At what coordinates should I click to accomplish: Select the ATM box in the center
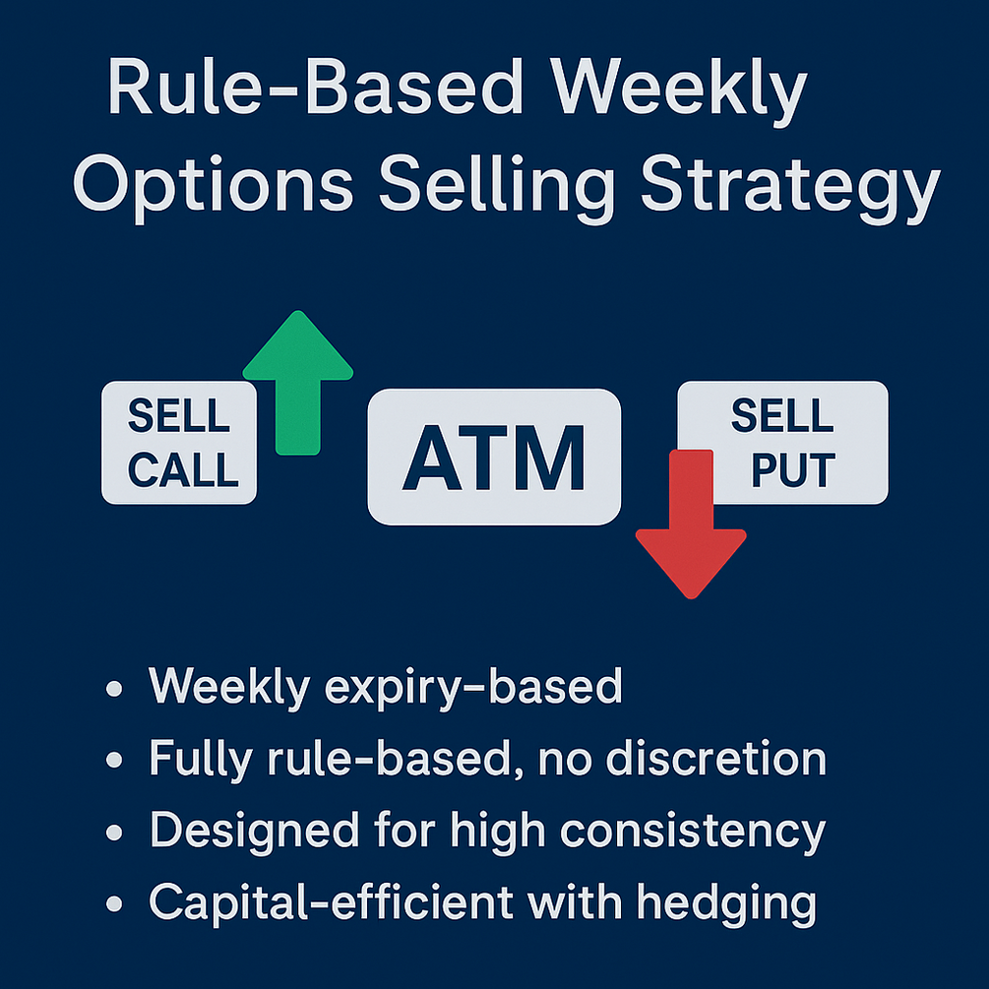coord(494,457)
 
